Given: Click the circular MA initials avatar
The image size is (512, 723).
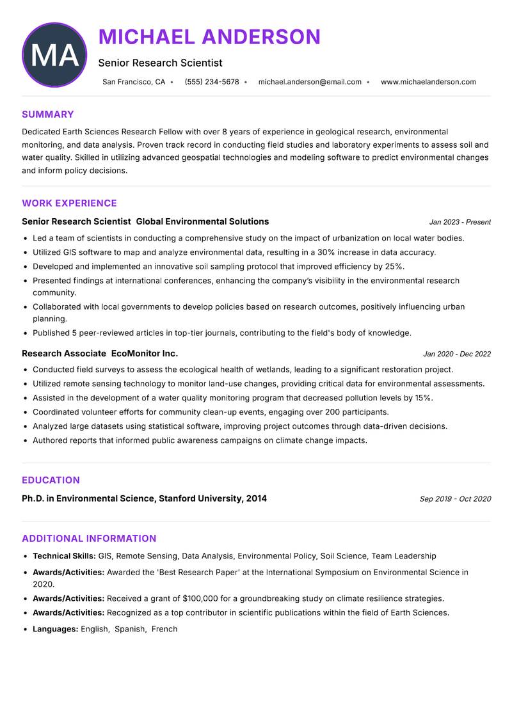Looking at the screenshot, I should point(54,55).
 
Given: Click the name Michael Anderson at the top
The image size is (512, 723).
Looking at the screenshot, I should point(209,36).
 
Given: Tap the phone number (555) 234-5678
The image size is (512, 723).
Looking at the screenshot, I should point(212,82).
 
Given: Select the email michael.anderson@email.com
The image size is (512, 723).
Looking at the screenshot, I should point(310,82).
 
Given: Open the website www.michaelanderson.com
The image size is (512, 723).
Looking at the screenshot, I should point(428,82).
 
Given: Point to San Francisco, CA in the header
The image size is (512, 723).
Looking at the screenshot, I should point(134,82).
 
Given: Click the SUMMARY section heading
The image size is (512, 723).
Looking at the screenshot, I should point(48,115).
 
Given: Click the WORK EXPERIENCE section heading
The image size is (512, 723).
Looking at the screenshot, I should point(69,203).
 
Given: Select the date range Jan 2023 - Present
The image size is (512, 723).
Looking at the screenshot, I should point(460,222).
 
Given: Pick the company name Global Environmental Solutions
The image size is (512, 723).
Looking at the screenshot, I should point(202,221).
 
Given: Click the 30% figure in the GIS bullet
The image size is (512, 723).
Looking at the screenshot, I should point(328,252).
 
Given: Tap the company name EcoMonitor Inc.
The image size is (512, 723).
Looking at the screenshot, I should point(145,353).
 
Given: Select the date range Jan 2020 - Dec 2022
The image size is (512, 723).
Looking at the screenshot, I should point(456,354).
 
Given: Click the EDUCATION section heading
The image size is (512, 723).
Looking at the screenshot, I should point(51,481).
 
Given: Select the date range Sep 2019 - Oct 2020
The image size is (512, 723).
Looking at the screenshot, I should point(455,499).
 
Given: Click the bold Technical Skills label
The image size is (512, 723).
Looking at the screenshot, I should point(64,556).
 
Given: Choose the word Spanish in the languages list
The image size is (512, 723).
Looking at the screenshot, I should point(130,629).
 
